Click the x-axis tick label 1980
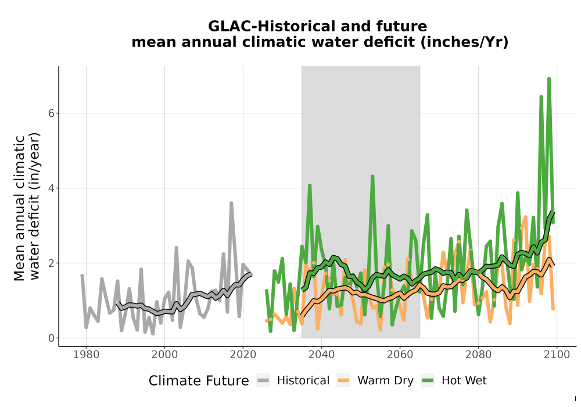(86, 355)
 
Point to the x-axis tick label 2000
(164, 355)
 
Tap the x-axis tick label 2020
(243, 355)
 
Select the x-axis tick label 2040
(321, 355)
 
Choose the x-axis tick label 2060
(400, 355)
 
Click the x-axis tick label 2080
(478, 355)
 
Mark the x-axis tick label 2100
(557, 355)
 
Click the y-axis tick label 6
(51, 113)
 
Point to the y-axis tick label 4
(51, 188)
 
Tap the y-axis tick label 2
(51, 263)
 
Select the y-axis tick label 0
(51, 338)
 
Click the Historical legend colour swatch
(263, 381)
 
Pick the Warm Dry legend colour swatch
(343, 381)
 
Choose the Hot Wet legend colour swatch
(428, 381)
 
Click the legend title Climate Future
(199, 381)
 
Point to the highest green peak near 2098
(549, 78)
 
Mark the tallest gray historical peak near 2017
(231, 203)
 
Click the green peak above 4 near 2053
(372, 176)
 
